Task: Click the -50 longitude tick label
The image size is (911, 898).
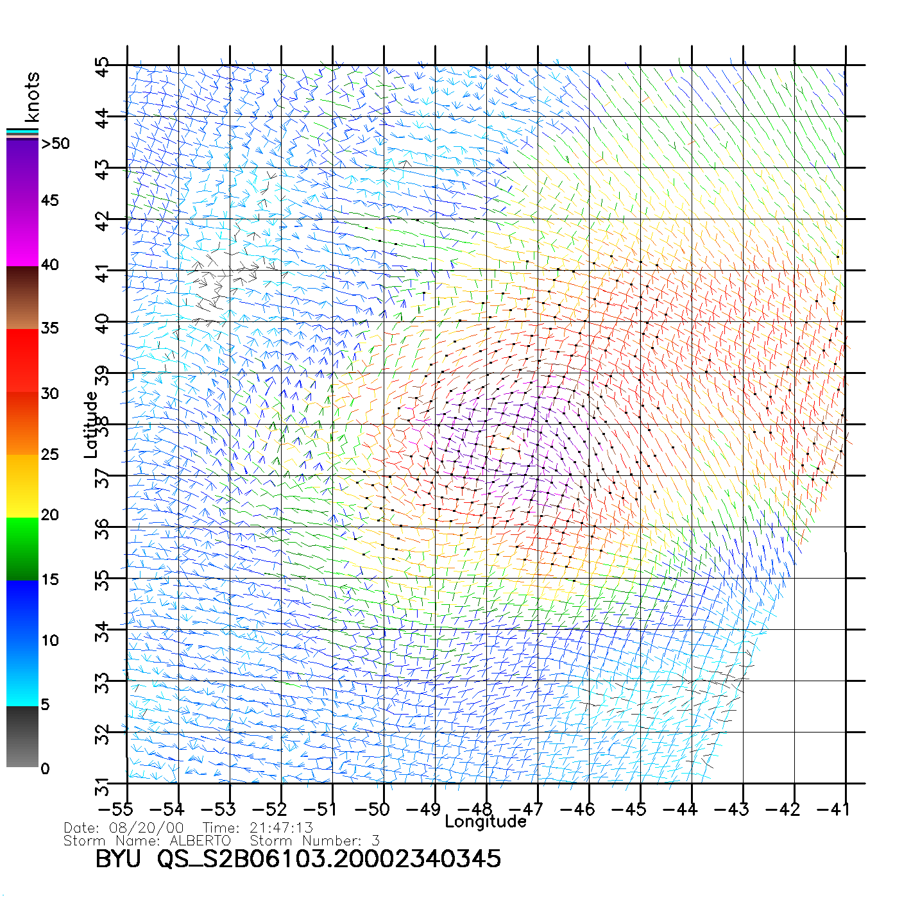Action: click(x=372, y=809)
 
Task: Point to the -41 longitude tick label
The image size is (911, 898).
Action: click(x=833, y=809)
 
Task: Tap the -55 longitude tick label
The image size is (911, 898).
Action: click(x=117, y=809)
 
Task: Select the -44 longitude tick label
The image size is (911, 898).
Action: click(x=679, y=809)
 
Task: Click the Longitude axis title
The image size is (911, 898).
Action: click(x=485, y=822)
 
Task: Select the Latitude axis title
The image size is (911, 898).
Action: click(x=91, y=424)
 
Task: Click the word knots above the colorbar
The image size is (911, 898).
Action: click(x=32, y=97)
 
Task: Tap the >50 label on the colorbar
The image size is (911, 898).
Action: click(x=55, y=144)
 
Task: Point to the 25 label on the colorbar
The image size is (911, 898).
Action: click(x=50, y=455)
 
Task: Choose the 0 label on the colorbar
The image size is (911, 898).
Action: click(x=45, y=768)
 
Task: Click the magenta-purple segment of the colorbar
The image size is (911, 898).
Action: click(x=22, y=203)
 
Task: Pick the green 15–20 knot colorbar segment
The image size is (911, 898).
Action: click(x=22, y=549)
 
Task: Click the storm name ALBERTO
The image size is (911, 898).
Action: click(x=200, y=841)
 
